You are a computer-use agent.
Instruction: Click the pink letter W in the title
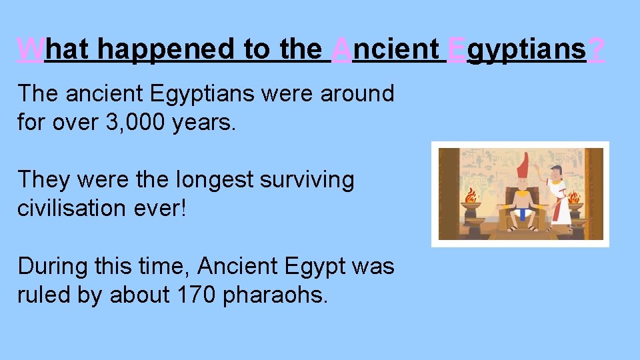(x=31, y=49)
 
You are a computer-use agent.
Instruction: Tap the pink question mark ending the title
(x=597, y=49)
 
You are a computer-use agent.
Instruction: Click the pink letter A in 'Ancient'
(x=342, y=49)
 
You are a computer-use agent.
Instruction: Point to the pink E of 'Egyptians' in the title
(x=457, y=49)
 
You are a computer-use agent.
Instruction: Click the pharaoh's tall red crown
(x=522, y=165)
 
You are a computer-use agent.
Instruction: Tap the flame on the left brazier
(x=471, y=197)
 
